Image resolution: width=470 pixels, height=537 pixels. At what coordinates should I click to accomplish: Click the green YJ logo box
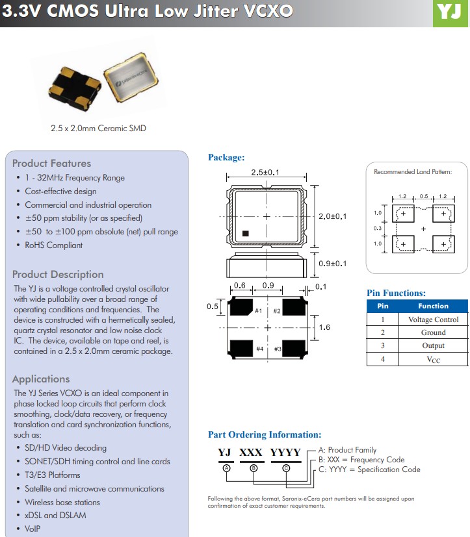pos(450,14)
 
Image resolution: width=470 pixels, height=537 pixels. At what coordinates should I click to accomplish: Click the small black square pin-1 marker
pos(245,233)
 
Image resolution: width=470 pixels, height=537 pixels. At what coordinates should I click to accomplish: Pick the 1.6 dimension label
pos(324,327)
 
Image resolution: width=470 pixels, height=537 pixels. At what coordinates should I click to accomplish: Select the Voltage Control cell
pos(433,319)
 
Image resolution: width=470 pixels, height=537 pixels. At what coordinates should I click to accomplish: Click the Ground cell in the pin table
pos(433,332)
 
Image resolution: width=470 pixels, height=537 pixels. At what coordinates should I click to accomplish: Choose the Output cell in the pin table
pos(433,345)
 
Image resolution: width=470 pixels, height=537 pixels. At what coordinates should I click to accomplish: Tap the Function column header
pos(433,306)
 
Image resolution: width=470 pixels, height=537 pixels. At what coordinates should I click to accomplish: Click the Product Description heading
pos(58,275)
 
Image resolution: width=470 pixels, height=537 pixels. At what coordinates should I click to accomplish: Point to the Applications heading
pos(41,379)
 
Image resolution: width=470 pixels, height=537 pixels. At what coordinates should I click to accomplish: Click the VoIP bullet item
pos(33,529)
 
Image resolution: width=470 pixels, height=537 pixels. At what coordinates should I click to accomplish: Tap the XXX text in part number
pos(250,452)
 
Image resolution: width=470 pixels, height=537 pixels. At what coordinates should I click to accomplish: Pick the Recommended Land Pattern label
pos(412,172)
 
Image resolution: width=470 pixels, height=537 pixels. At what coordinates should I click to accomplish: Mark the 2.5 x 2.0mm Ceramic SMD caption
pos(98,129)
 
